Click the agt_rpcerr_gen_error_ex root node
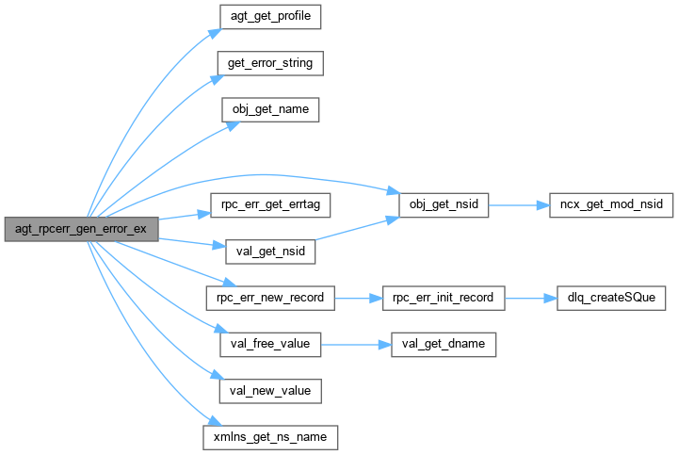point(80,229)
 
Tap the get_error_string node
point(270,64)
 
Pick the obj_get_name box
point(270,110)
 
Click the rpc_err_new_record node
point(270,298)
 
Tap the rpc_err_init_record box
point(443,298)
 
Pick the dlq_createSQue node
point(611,298)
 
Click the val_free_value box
point(270,344)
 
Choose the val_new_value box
point(270,390)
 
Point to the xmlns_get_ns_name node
point(270,437)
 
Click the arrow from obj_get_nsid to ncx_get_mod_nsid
point(519,204)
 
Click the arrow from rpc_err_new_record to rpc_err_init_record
point(358,298)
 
